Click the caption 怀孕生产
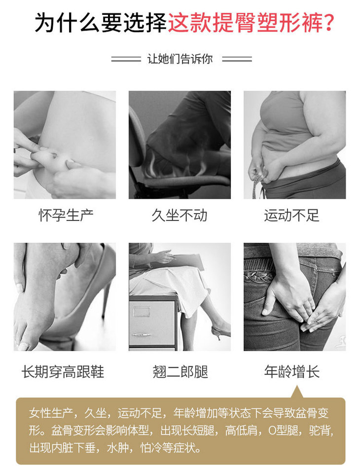(66, 215)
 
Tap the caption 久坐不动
(180, 215)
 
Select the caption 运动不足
(291, 215)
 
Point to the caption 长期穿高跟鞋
(63, 371)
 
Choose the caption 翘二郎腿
(180, 371)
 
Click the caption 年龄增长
(291, 371)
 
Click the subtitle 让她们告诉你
(180, 59)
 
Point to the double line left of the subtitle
(126, 59)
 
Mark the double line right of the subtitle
(237, 59)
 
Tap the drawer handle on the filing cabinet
(142, 334)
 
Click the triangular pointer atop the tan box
(297, 392)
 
